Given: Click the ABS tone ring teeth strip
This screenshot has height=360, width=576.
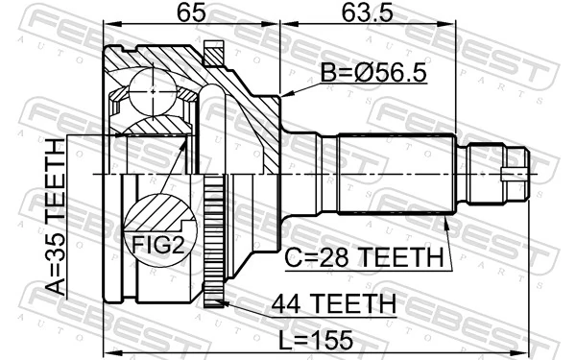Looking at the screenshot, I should click(x=216, y=240).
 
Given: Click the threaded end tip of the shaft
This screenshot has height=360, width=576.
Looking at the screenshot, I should click(x=518, y=174).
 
